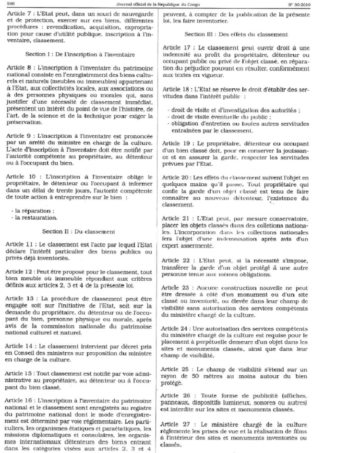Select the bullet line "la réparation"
[x=33, y=210]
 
